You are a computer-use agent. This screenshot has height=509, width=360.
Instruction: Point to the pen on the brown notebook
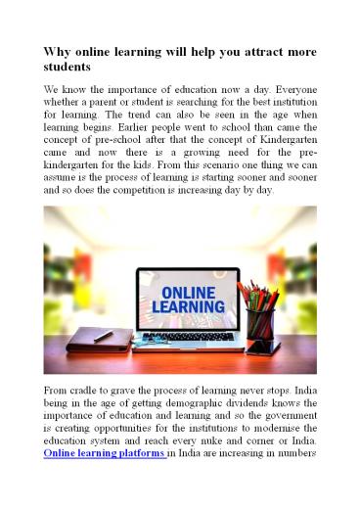[x=102, y=336]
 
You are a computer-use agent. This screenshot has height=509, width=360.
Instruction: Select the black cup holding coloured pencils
[x=261, y=324]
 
